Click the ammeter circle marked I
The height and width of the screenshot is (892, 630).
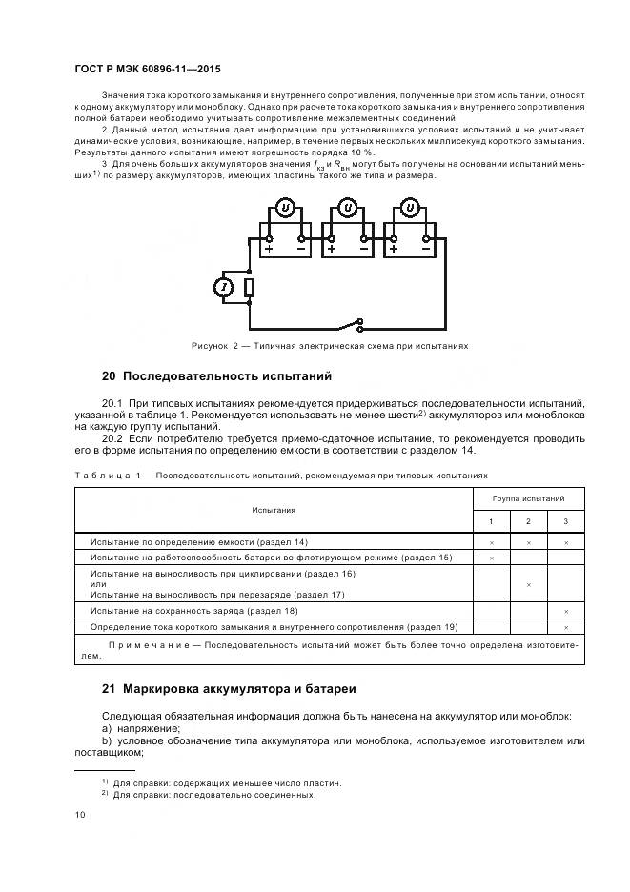pos(224,287)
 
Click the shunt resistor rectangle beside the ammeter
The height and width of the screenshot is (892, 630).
pos(248,288)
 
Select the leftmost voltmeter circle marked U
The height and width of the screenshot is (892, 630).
pos(283,208)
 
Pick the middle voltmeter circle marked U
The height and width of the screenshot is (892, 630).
pos(348,208)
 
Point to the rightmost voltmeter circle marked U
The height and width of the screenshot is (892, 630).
pos(411,208)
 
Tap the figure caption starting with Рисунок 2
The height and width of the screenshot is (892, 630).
pos(329,345)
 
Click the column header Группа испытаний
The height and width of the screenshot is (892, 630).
pos(528,498)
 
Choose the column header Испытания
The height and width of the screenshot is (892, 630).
pos(274,510)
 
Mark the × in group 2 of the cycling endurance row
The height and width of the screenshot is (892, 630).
pos(529,583)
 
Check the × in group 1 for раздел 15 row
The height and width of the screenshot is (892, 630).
pos(492,557)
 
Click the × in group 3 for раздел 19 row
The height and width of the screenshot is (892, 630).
pos(566,627)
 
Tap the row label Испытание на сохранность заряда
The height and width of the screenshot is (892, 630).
pos(193,610)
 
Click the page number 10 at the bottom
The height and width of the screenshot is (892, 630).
pos(80,814)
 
